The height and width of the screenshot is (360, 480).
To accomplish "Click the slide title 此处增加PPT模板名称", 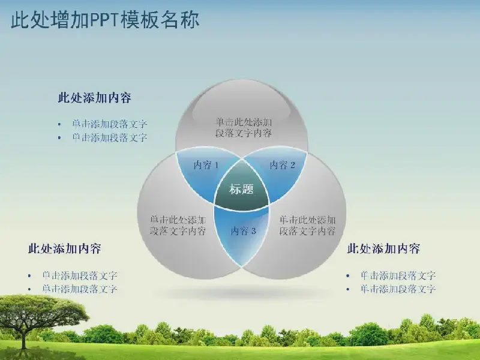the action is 105,20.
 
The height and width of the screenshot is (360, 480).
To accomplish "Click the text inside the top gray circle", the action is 244,128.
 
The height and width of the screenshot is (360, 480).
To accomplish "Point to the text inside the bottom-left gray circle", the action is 178,225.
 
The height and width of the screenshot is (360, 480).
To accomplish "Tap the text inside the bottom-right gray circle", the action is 307,225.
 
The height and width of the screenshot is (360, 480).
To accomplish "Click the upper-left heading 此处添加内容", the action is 95,98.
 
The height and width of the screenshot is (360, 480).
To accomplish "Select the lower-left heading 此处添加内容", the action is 64,248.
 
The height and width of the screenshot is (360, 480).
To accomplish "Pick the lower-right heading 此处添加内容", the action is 383,248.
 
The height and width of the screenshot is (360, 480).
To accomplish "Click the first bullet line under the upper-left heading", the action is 110,124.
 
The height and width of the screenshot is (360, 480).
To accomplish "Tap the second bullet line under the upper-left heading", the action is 110,137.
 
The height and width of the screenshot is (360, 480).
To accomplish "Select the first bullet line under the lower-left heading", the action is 80,275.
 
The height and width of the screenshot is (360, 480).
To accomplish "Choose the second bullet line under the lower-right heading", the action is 398,289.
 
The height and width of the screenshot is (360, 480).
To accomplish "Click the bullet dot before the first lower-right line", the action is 348,276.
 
